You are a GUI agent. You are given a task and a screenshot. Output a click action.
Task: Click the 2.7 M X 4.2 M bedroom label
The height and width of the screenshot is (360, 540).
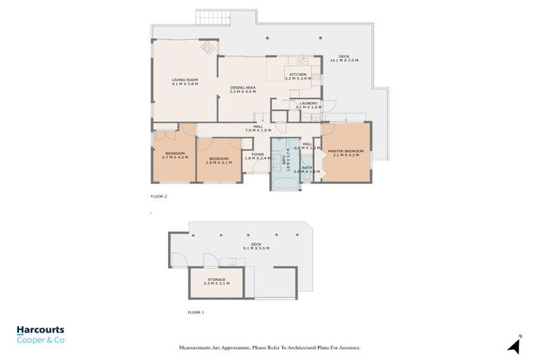(175, 155)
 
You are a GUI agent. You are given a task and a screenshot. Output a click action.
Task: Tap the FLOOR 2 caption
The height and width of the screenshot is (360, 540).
(159, 196)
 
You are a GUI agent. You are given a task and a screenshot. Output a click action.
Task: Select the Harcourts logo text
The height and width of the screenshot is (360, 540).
(41, 330)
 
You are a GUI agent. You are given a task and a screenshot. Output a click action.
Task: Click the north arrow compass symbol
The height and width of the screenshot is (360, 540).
(515, 345)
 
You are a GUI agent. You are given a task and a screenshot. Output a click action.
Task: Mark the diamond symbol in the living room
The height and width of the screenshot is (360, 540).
(209, 48)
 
